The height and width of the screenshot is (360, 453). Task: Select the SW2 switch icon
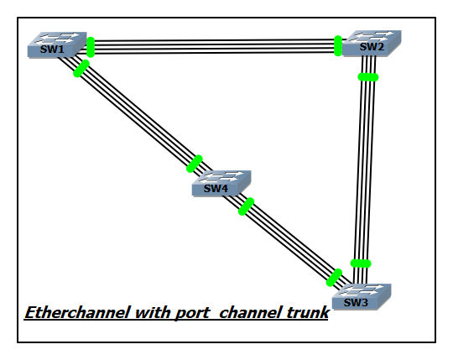coord(372,44)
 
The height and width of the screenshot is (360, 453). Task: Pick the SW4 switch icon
coord(221,184)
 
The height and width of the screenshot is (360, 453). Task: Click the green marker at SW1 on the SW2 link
coord(91,47)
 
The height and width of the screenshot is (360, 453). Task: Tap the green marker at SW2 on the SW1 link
coord(338,45)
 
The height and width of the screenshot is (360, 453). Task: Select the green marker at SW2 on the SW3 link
coord(367,77)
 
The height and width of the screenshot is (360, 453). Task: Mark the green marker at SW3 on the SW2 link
coord(361,264)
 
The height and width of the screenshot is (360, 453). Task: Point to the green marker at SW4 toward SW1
coord(195,163)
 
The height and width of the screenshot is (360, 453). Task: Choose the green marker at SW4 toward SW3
coord(247,206)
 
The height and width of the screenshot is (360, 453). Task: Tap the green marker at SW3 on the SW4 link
coord(335,277)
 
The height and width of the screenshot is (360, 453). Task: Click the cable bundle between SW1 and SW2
coord(214,46)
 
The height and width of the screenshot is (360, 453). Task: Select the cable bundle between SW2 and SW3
coord(364,168)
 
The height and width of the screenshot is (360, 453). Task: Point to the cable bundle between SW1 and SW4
coord(138,117)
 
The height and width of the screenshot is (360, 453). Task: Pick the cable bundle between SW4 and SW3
coord(289,242)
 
